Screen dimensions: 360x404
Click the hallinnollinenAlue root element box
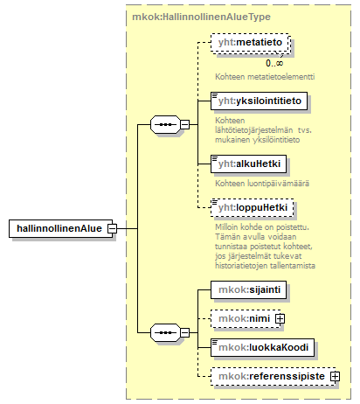(x=60, y=228)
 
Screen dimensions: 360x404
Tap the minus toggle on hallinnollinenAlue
(x=112, y=228)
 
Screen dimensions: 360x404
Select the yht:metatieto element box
(x=251, y=43)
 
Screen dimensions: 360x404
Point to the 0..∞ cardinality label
(x=274, y=63)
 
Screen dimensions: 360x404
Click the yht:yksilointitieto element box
(x=259, y=101)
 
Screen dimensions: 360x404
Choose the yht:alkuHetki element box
(x=248, y=164)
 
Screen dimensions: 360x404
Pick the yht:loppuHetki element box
(x=253, y=207)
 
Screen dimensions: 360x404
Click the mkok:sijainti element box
(x=248, y=289)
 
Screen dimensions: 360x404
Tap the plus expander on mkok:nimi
(x=280, y=318)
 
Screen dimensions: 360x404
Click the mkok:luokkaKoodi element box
(x=262, y=347)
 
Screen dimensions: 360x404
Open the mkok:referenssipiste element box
(x=273, y=376)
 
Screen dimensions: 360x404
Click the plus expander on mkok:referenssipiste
(x=335, y=377)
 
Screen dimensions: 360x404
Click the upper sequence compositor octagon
(x=165, y=125)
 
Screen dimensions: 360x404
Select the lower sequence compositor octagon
(x=165, y=332)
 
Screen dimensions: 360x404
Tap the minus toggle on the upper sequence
(x=184, y=125)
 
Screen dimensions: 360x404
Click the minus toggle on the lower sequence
(x=184, y=332)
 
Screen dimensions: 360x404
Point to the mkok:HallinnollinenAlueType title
(x=201, y=17)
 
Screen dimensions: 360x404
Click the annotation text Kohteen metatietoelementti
(x=265, y=77)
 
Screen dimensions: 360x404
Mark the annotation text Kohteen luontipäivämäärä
(x=262, y=184)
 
